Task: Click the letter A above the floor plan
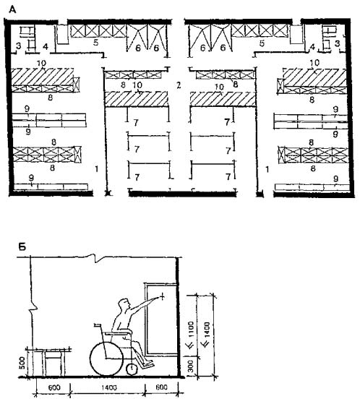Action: tap(12, 9)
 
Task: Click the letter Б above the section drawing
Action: tap(22, 247)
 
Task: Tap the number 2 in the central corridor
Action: tap(179, 85)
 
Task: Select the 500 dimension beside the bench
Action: tap(22, 363)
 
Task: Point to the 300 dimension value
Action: tap(190, 366)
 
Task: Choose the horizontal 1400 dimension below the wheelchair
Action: tap(109, 387)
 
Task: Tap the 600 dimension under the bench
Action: tap(54, 387)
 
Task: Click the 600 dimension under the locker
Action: tap(161, 387)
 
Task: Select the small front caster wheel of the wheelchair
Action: tap(132, 369)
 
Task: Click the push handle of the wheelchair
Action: tap(98, 325)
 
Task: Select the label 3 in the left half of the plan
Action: tap(19, 46)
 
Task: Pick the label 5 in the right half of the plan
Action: tap(262, 43)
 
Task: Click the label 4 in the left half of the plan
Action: tap(46, 47)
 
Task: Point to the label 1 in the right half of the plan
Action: tap(267, 169)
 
